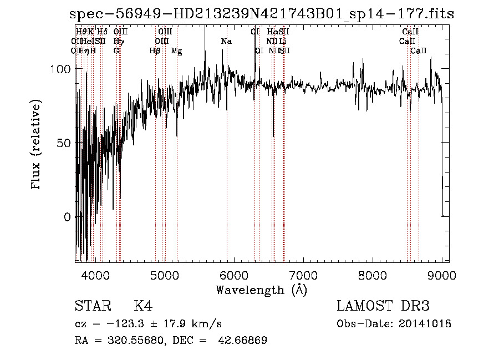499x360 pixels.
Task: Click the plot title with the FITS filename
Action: tap(262, 14)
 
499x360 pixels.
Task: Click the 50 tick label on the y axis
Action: tap(64, 143)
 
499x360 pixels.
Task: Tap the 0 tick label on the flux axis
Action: tap(68, 217)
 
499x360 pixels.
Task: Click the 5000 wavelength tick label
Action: tap(164, 273)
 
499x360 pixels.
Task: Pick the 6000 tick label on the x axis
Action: tap(233, 273)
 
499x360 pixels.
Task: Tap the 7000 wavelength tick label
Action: tap(303, 273)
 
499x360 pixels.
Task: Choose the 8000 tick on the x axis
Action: tap(373, 273)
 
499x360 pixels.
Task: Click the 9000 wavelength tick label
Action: tap(442, 273)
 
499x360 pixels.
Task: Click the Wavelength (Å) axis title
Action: tap(261, 290)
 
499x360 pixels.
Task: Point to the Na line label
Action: tap(226, 42)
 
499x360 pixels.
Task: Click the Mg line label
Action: tap(176, 51)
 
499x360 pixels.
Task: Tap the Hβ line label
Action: tap(155, 51)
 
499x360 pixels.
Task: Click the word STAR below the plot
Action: tap(93, 306)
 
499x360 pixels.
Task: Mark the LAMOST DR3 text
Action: tap(383, 306)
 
